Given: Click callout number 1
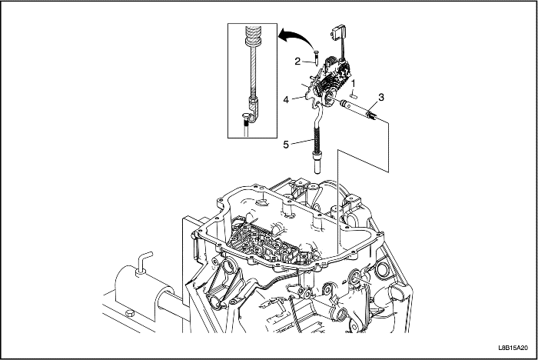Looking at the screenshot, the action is tap(354, 83).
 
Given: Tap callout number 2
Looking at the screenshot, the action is tap(297, 61).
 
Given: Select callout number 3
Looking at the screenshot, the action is tap(381, 97).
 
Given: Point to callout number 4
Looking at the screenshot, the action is tap(287, 100).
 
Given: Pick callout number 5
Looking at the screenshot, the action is tap(286, 145).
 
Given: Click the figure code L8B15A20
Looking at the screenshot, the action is tap(513, 348).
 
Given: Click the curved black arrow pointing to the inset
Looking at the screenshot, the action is tap(297, 36).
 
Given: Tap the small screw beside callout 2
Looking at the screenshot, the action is tap(317, 57).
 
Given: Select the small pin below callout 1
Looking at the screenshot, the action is tap(354, 92).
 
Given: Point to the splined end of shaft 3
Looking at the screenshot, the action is tap(371, 115).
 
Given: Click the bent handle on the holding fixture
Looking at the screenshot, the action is tap(144, 262).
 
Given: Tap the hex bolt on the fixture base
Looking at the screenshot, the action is tap(129, 314).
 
